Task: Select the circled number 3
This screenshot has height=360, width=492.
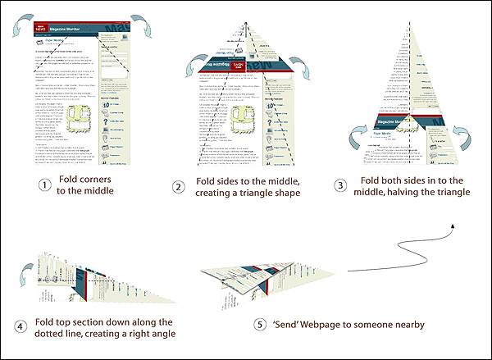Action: point(344,185)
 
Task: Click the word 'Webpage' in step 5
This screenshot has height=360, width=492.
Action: point(331,325)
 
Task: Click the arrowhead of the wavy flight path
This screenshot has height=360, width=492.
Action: point(453,222)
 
